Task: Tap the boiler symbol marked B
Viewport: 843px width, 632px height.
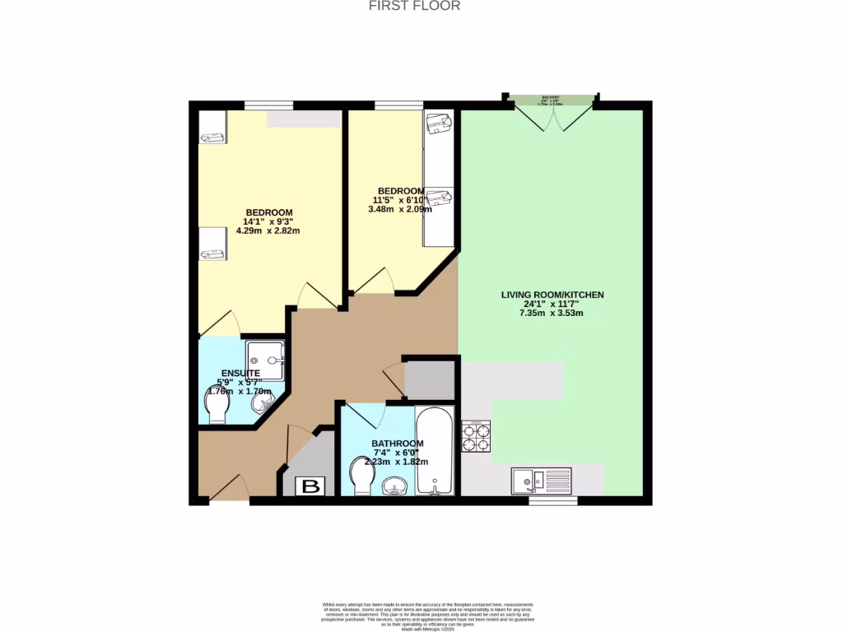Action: point(311,486)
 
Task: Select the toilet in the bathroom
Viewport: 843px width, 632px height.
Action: point(361,476)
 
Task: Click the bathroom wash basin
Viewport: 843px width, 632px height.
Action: point(395,487)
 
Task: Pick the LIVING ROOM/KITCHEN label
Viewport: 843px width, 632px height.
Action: point(552,295)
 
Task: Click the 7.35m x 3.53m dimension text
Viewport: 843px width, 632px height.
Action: point(552,313)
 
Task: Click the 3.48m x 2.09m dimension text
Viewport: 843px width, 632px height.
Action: point(399,209)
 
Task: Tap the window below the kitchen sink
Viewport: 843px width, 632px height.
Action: point(552,500)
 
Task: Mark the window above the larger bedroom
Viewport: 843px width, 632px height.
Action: point(268,105)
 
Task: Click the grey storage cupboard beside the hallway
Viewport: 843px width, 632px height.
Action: point(430,380)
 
